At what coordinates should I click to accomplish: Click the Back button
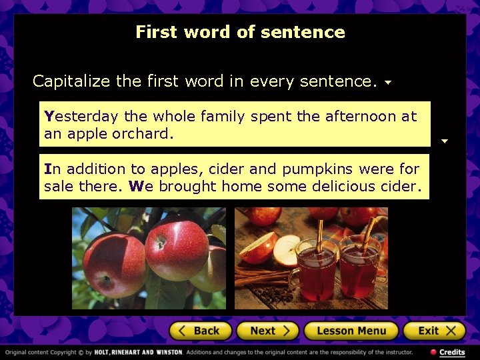point(200,331)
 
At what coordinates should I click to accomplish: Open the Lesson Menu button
point(351,331)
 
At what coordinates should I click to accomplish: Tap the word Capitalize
point(72,81)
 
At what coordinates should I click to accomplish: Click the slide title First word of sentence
point(240,32)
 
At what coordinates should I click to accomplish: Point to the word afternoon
point(361,116)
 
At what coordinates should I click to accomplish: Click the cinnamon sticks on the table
point(263,277)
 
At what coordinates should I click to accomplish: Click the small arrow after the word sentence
point(387,83)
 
